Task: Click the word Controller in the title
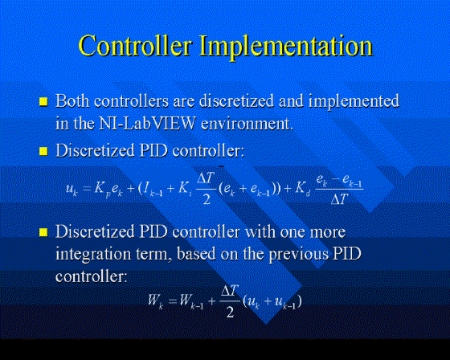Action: pos(135,45)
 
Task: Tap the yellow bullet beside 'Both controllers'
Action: pos(43,101)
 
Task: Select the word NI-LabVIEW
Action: pos(147,124)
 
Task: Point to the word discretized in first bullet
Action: pos(236,100)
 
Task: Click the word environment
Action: pos(247,124)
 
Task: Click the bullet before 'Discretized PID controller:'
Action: pos(43,151)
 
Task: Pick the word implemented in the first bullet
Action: pos(354,102)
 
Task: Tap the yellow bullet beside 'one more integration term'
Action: pos(43,232)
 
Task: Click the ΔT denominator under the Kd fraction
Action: pos(339,198)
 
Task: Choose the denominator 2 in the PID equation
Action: pos(207,199)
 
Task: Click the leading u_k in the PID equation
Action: pos(72,190)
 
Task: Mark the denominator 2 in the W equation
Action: pos(230,312)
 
